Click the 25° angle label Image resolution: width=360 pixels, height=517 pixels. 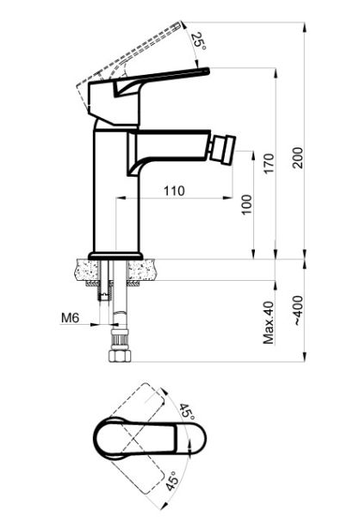point(200,41)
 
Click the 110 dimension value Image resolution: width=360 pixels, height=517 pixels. point(175,191)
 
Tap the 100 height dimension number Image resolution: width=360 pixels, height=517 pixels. point(246,204)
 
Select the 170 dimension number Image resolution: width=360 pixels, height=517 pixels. point(269,164)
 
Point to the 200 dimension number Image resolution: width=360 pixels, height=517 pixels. point(297,158)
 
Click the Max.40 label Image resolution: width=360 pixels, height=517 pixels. point(269,322)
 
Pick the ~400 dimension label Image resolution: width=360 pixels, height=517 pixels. point(298,310)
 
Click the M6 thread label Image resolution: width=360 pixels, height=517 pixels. point(71,318)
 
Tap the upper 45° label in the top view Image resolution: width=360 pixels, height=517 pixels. point(187,412)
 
